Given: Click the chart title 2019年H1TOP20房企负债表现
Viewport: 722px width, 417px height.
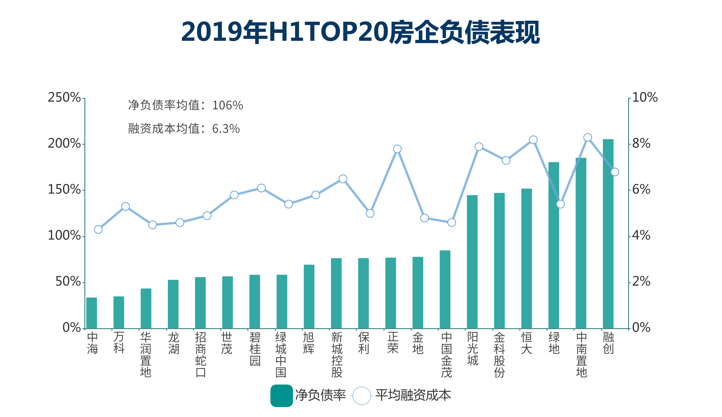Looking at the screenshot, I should [360, 32].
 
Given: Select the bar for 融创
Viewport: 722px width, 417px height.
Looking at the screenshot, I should [608, 234].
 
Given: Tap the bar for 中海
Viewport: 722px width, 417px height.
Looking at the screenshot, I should [92, 313].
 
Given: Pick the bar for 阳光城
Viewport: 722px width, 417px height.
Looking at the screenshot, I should [472, 262].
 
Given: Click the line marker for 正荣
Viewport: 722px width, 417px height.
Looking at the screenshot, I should [397, 149].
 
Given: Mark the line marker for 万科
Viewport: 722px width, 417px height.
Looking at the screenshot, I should [125, 206].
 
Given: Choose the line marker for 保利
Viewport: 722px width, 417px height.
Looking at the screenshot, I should [370, 213].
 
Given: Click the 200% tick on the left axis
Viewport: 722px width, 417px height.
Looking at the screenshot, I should [84, 144].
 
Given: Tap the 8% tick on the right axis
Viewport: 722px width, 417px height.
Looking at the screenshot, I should [629, 144].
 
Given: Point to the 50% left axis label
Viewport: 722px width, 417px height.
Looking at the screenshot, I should [68, 282].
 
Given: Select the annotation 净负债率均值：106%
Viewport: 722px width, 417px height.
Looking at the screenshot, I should [185, 105].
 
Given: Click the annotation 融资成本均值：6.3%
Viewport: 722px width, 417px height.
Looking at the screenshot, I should [184, 129].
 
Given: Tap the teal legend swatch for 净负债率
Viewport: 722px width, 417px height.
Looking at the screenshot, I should [281, 396].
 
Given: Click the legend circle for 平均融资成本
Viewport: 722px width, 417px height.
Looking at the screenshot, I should [362, 396].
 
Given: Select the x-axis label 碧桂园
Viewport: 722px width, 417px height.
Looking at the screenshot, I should [255, 349].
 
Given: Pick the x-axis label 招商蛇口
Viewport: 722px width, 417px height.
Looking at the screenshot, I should [201, 354].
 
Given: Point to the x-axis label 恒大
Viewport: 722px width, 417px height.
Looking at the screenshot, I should [527, 343].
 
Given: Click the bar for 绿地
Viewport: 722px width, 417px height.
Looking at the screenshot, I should [553, 245].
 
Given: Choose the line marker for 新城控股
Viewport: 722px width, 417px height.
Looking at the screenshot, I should [343, 179].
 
